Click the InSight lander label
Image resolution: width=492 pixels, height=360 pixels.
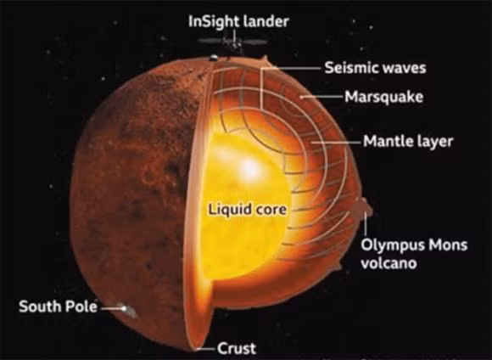point(238,22)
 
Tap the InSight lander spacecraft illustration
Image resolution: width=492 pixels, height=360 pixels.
point(232,42)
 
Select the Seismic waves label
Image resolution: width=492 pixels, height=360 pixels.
point(375,68)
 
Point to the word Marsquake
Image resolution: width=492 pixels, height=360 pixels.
point(383,97)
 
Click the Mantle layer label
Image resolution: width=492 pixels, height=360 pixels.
point(408,141)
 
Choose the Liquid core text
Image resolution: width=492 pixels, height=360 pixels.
point(248,210)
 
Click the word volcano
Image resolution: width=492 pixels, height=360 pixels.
point(389,263)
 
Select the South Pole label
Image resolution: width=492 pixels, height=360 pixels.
point(58,307)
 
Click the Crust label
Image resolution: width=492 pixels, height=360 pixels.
point(237,348)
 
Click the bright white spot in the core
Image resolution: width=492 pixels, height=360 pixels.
point(249,168)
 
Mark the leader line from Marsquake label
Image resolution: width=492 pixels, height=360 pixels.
point(321,97)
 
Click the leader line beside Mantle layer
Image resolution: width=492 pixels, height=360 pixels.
point(337,142)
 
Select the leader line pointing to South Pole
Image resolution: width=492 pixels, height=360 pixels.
point(113,308)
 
